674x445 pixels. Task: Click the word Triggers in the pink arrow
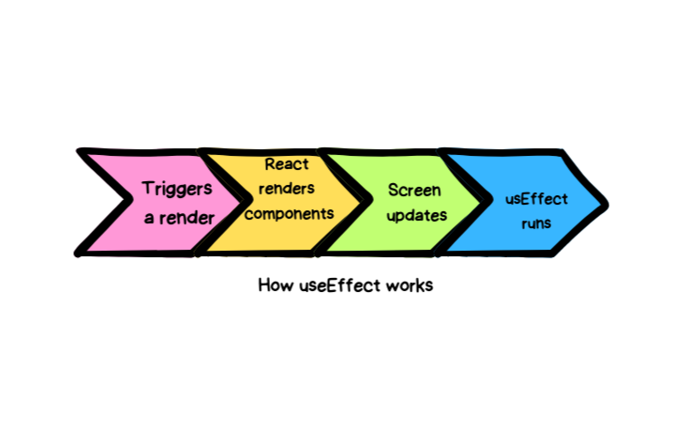(177, 189)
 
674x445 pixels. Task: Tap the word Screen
(414, 189)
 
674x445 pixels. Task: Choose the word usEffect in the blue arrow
(537, 199)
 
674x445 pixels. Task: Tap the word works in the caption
(409, 285)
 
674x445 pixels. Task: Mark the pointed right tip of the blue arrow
(606, 202)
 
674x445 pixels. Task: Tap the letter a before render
(149, 218)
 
